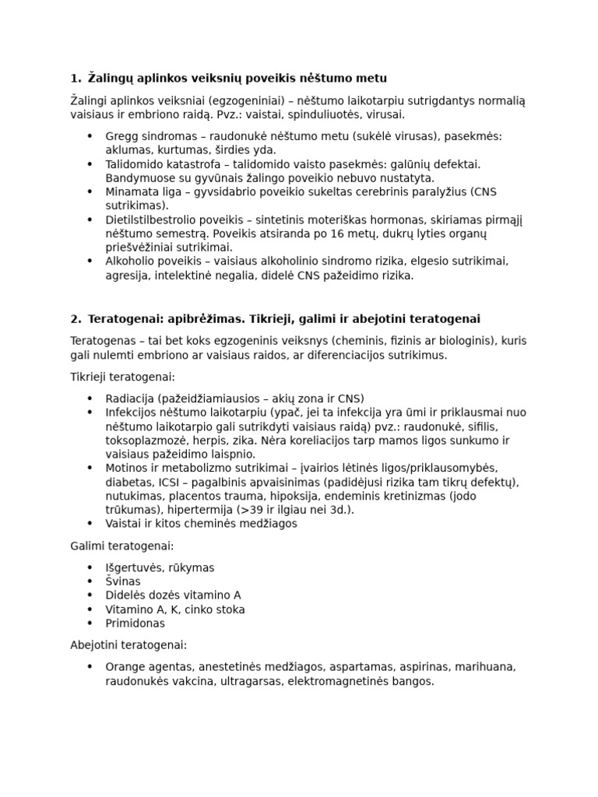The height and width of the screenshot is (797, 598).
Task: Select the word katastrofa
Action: pyautogui.click(x=188, y=164)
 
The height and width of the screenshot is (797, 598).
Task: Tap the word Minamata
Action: pyautogui.click(x=132, y=192)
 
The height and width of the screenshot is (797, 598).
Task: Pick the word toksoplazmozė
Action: pyautogui.click(x=145, y=441)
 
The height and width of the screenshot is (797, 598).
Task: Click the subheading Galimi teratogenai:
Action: pyautogui.click(x=121, y=546)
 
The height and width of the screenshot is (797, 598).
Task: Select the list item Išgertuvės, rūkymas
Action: pyautogui.click(x=160, y=567)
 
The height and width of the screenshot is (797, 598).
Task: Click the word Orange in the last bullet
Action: pyautogui.click(x=126, y=667)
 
